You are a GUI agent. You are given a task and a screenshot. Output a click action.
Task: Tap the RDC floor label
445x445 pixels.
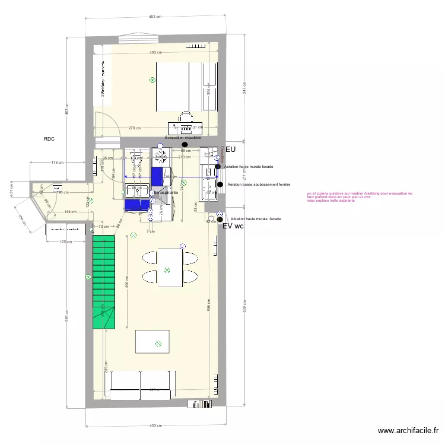coord(49,139)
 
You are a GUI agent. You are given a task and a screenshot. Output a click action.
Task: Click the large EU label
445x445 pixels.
coord(231,150)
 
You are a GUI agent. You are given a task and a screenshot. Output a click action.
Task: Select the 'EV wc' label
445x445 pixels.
coord(233,226)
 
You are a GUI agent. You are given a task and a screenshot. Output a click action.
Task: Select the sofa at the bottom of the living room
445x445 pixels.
coord(141,384)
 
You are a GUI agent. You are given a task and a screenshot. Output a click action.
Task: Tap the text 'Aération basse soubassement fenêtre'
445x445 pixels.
coord(259,185)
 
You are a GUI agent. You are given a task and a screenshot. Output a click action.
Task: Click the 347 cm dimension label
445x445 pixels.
coord(244,89)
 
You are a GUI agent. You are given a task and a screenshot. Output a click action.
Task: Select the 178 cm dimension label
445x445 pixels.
coord(58,163)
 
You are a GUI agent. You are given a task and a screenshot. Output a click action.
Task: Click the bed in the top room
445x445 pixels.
coord(173,87)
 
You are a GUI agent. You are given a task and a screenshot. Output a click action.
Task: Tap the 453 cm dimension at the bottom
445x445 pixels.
coord(155,425)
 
